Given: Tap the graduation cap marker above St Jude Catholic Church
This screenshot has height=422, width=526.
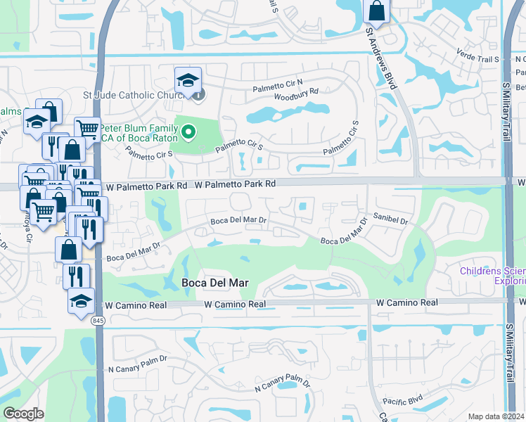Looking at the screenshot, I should (188, 80).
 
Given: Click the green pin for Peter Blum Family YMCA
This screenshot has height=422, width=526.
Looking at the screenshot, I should (188, 132).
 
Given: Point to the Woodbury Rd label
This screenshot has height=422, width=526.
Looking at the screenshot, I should (296, 94).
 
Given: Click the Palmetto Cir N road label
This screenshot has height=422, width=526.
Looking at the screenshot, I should (278, 82).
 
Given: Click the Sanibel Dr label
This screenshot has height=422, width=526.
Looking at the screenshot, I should (390, 220).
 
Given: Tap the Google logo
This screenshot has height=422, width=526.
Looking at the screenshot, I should (23, 414).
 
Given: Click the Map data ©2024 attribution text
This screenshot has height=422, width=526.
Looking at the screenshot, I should (495, 416).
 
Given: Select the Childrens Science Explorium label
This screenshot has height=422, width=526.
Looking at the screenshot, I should (492, 276).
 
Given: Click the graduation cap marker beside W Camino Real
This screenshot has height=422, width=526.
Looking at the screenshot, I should (81, 301).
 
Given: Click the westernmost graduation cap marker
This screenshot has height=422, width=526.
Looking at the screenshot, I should (37, 122).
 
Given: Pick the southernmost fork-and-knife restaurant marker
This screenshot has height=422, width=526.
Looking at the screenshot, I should (76, 276).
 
